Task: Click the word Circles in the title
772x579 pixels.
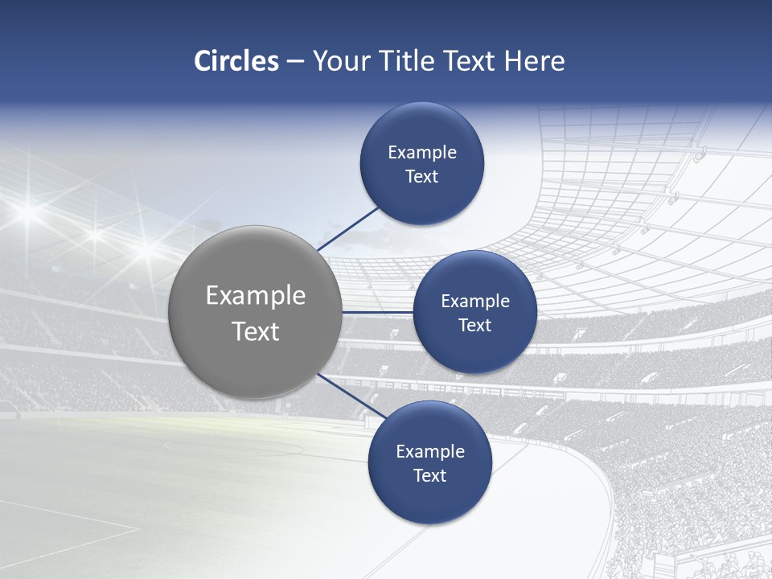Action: point(236,61)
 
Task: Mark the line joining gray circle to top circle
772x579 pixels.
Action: point(347,228)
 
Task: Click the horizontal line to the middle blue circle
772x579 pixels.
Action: point(377,312)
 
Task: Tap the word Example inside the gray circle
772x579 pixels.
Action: point(255,296)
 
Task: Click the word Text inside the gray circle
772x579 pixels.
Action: point(255,331)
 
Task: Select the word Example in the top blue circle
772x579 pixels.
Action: point(421,153)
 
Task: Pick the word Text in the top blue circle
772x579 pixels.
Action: point(421,177)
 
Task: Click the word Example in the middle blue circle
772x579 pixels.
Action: point(474,302)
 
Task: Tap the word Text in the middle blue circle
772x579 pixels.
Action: point(474,326)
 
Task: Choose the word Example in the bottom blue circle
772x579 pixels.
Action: point(429,452)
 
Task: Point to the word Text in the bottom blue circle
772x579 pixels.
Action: point(429,476)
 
